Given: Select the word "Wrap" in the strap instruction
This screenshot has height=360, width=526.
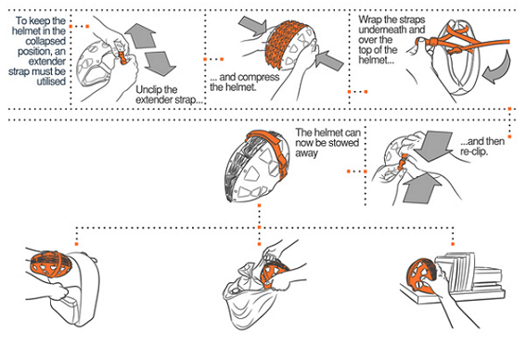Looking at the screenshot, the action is (370, 19).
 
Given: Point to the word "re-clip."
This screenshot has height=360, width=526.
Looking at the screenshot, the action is (474, 151).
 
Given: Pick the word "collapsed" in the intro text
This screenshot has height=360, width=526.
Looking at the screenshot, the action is (45, 41).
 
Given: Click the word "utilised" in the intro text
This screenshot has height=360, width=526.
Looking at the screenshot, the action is (51, 82).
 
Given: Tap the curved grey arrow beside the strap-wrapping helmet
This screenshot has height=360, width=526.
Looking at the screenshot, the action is (497, 67).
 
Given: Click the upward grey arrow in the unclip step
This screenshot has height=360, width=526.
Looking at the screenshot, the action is (141, 35).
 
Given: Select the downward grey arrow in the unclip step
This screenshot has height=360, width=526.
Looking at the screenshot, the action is (160, 64).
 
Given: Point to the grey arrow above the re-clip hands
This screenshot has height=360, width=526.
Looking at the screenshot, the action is (435, 146).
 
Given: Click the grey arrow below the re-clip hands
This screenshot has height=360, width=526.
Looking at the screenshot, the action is (422, 188).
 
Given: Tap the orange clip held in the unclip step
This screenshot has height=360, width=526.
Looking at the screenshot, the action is (123, 58).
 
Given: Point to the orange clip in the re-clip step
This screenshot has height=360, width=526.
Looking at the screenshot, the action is (402, 161).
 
